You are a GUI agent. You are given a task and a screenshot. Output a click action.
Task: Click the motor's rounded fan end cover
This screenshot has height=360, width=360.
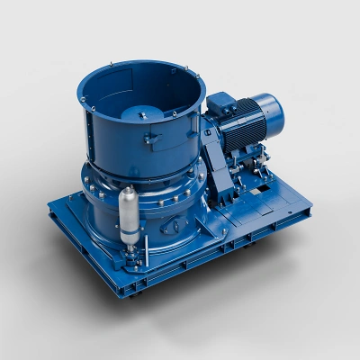click(270, 111)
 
